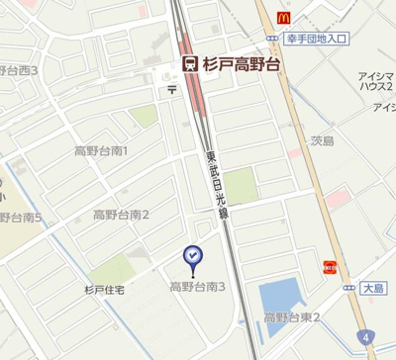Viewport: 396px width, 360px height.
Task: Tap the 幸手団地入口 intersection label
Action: coord(318,39)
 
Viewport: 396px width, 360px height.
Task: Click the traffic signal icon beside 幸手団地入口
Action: coord(272,39)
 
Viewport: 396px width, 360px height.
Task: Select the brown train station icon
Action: coord(189,63)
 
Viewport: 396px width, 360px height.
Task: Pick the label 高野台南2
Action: coord(121,215)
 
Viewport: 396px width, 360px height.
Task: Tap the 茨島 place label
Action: coord(322,140)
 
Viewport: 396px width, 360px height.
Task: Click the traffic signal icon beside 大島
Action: coord(349,288)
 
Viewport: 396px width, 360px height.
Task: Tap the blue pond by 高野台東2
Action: coord(280,294)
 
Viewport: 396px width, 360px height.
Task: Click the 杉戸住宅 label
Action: coord(105,290)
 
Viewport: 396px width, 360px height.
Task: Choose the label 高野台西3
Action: coord(19,70)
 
